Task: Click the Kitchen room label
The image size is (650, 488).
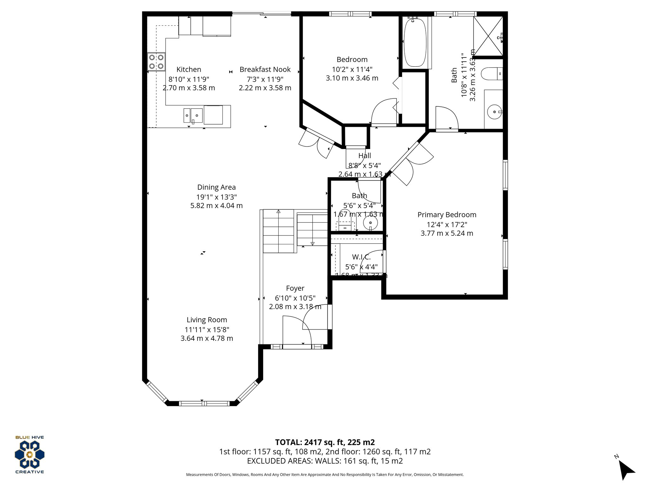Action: coord(189,70)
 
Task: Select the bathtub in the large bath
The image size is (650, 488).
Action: coord(415,42)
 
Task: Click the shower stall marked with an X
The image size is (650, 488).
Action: coord(488,36)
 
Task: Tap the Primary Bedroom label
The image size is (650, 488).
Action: coord(447,215)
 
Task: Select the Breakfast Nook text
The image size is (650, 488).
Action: coord(265,70)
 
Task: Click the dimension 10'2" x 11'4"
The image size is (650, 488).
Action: coord(352,69)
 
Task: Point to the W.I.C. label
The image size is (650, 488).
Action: coord(361,257)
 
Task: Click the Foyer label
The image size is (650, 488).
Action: coord(295,288)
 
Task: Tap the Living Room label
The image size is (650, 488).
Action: coord(207,320)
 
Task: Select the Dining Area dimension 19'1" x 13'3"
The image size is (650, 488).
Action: coord(216,197)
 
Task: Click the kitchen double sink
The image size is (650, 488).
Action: coord(193,115)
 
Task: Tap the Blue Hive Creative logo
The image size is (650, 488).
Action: coord(30,455)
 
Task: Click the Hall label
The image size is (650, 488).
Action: coord(364,156)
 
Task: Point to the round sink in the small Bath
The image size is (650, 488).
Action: coord(370,222)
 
